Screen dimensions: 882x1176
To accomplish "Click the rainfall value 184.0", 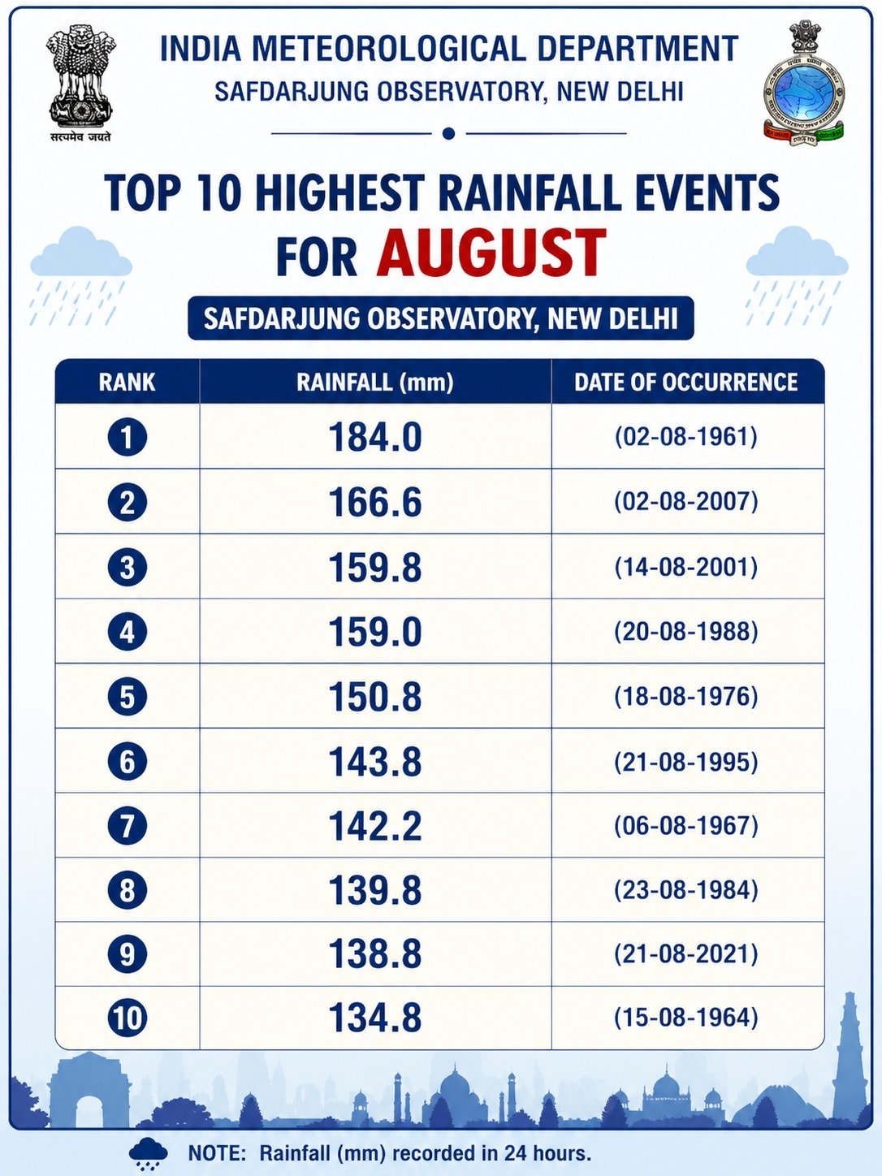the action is coord(375,437).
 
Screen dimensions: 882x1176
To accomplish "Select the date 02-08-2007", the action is coord(686,501).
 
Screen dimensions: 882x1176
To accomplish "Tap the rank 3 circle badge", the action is coord(127,567).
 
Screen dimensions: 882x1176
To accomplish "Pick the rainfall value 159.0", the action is coord(375,632).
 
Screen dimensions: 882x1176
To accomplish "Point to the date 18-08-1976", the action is coord(686,697).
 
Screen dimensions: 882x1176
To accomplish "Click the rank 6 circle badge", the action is coord(127,761).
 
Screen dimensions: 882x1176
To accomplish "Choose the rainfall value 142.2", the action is coord(375,826).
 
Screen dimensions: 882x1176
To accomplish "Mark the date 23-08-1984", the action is coord(686,890).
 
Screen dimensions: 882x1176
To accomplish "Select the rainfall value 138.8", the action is coord(375,954).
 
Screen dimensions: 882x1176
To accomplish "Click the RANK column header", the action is coord(127,383).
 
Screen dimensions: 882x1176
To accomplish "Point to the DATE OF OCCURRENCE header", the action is coord(686,383).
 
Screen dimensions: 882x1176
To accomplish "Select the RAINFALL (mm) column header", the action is coord(375,383).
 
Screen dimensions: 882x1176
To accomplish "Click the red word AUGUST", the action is coord(491,253).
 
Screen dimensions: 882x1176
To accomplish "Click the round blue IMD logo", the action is coord(802,86).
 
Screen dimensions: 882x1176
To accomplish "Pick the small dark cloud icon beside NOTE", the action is coord(148,1152).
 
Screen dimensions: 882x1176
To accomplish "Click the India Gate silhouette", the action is coord(89,1089).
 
